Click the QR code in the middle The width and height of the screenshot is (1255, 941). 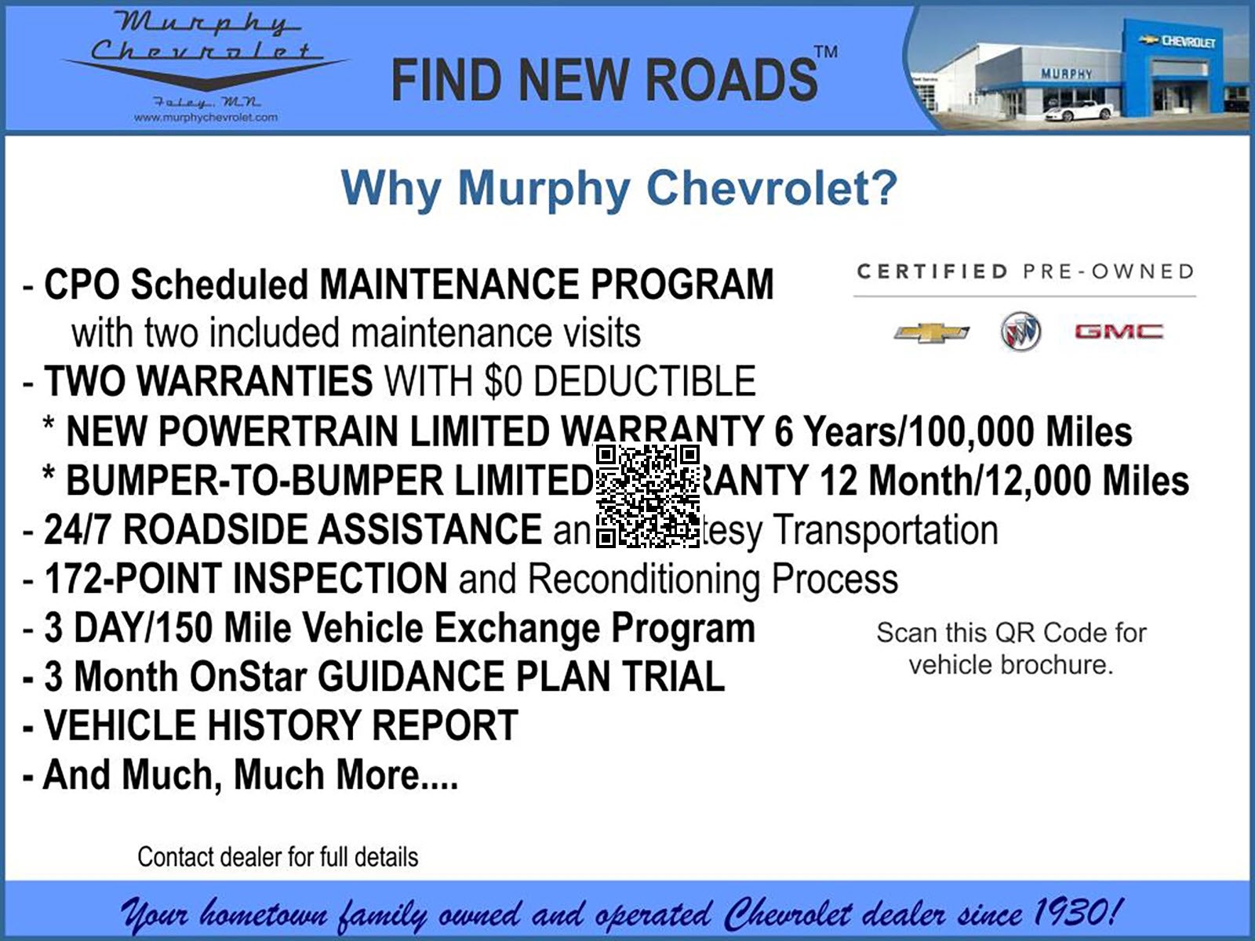coord(648,496)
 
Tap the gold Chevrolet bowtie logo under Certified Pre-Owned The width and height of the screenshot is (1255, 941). coord(931,332)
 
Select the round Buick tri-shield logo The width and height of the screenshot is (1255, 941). coord(1020,332)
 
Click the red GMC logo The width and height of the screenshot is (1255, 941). coord(1119,332)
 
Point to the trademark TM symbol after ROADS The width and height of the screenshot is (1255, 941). coord(826,53)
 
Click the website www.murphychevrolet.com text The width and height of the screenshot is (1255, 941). coord(206,118)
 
